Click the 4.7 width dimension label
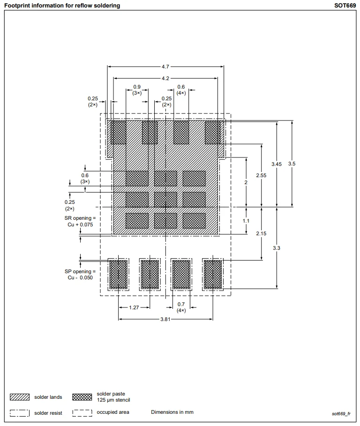(x=165, y=67)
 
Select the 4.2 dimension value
(x=165, y=78)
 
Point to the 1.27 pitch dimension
(x=134, y=307)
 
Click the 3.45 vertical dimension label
(x=277, y=164)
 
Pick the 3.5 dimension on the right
(x=292, y=164)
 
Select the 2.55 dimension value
(x=262, y=175)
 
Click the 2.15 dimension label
(x=262, y=233)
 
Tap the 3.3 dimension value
(x=277, y=248)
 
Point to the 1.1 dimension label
(x=246, y=220)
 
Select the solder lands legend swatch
(x=20, y=397)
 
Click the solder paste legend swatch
(x=82, y=397)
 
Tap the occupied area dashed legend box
(x=82, y=412)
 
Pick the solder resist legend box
(x=20, y=413)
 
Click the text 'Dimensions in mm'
(x=172, y=412)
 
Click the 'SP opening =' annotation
(x=80, y=272)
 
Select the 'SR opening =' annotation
(x=80, y=218)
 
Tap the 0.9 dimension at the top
(x=137, y=87)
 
